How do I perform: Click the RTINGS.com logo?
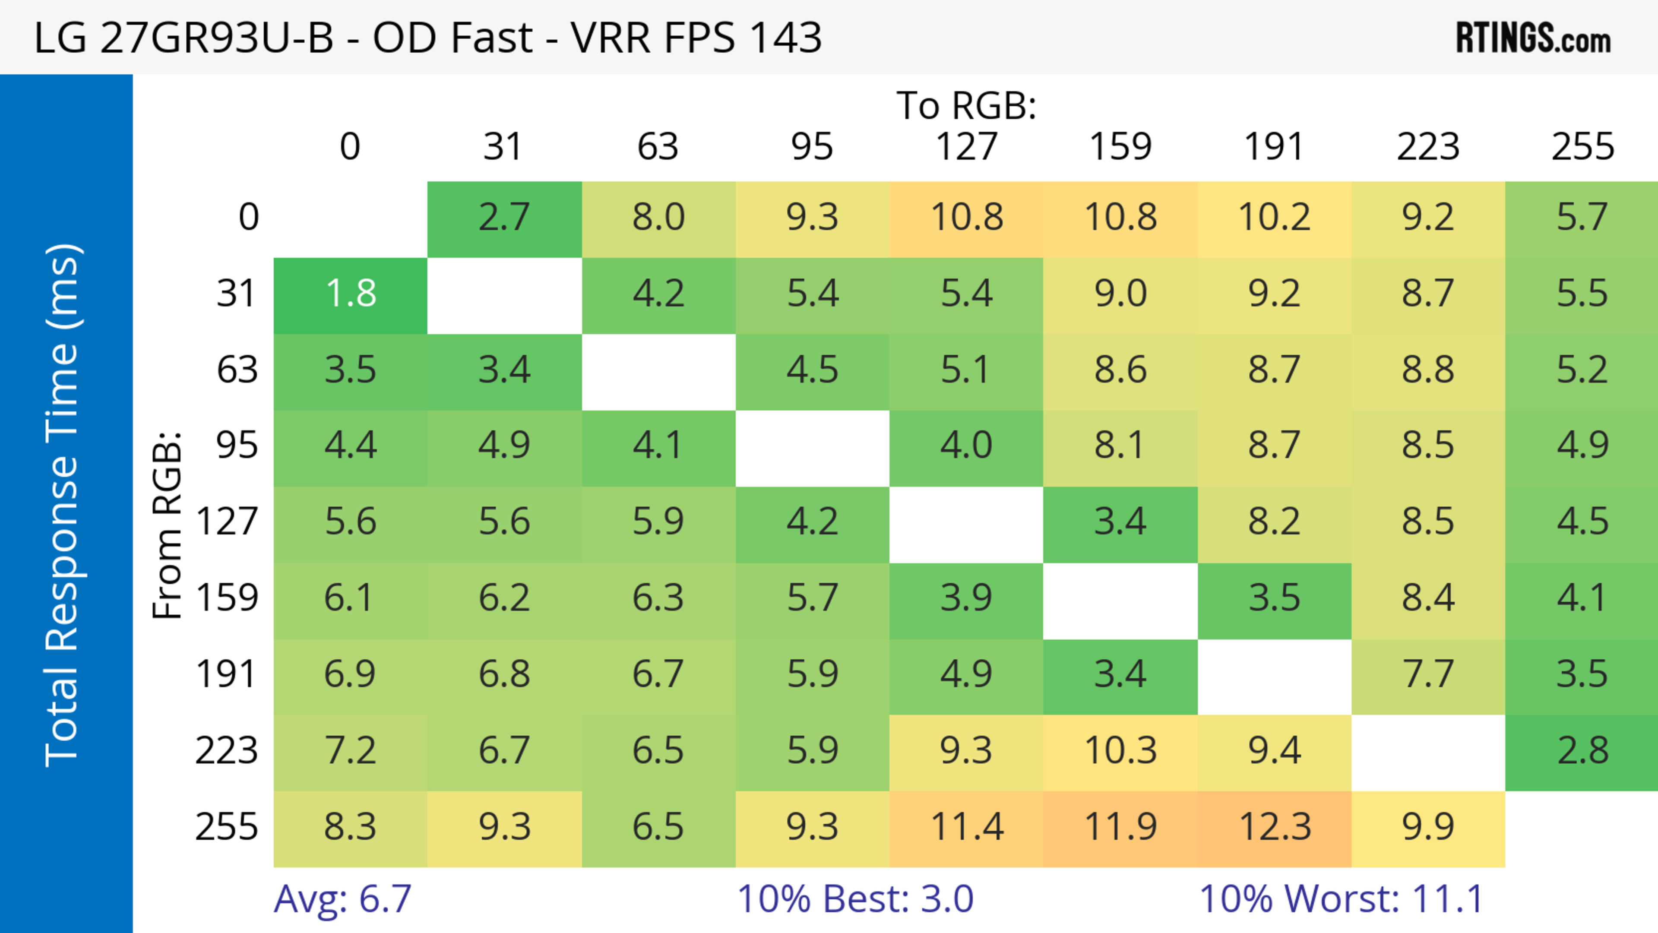click(x=1533, y=38)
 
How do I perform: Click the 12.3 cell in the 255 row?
click(x=1275, y=828)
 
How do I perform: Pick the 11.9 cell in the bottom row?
click(x=1120, y=828)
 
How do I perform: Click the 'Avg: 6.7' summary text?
click(x=342, y=899)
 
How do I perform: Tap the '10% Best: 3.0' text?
click(x=855, y=899)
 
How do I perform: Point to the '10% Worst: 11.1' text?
click(x=1342, y=899)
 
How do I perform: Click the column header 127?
click(x=966, y=147)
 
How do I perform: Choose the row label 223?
click(x=227, y=751)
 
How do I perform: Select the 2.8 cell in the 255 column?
click(x=1582, y=751)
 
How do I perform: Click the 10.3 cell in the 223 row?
click(x=1120, y=751)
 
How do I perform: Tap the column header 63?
click(x=658, y=147)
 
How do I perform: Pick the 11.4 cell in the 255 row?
click(x=966, y=828)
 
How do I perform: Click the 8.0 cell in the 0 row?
click(x=658, y=218)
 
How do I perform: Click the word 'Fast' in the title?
click(x=491, y=37)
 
